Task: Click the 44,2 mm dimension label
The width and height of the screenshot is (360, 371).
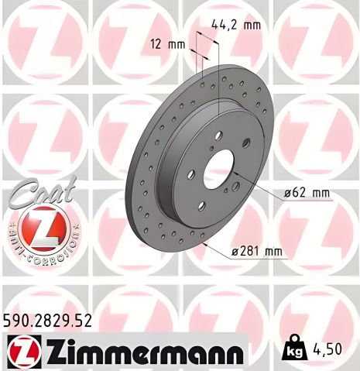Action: click(x=237, y=25)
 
